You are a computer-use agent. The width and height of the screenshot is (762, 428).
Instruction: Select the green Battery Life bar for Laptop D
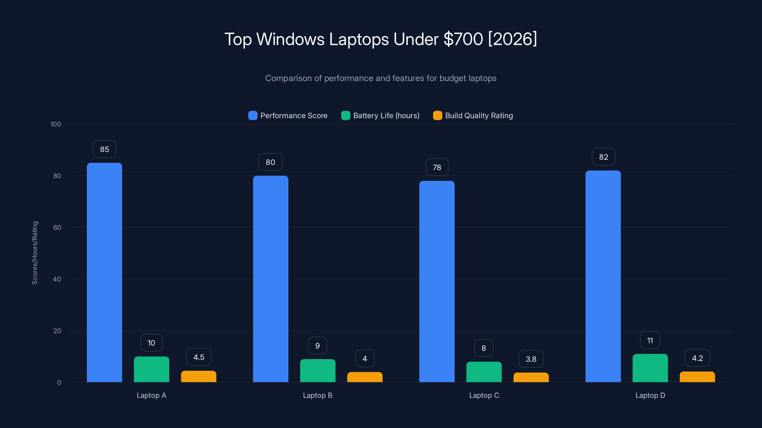[x=650, y=368]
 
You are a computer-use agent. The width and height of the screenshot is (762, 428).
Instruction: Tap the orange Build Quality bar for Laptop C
[x=531, y=378]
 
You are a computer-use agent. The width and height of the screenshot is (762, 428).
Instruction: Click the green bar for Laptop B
[x=317, y=371]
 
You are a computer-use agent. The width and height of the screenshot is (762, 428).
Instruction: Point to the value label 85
[x=105, y=149]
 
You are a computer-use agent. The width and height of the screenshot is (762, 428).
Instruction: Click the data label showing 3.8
[x=531, y=359]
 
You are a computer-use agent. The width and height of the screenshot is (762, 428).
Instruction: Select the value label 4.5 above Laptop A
[x=199, y=357]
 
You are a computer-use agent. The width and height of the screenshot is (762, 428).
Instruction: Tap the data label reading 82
[x=603, y=157]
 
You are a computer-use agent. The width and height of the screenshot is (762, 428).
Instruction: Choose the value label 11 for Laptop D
[x=650, y=340]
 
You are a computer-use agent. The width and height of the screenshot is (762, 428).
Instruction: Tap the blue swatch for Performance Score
[x=253, y=116]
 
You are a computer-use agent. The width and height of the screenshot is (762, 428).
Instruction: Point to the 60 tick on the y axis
[x=57, y=228]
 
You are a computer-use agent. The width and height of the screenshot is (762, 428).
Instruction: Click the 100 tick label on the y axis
[x=56, y=124]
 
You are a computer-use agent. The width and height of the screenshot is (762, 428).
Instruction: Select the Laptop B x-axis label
[x=317, y=395]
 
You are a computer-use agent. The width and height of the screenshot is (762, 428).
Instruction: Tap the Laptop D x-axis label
[x=650, y=395]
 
